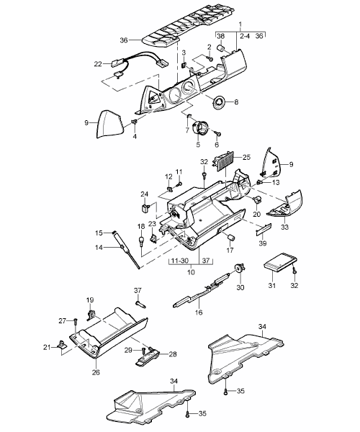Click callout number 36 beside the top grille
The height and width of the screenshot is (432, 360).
[124, 40]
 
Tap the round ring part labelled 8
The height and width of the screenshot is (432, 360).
[220, 102]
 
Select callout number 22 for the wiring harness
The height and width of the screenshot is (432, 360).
[98, 64]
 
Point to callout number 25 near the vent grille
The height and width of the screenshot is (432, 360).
[246, 158]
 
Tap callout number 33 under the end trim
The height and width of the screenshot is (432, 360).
[284, 227]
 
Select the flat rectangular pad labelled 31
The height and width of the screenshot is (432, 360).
[280, 263]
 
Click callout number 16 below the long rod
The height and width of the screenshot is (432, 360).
[199, 312]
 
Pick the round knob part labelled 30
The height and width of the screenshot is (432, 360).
[238, 268]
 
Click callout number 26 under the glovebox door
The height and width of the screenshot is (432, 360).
[96, 372]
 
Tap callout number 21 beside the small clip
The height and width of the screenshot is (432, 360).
[47, 348]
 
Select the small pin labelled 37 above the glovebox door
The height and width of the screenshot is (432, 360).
[140, 304]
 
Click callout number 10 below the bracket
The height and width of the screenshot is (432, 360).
[191, 272]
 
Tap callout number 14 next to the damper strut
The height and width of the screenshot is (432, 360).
[99, 248]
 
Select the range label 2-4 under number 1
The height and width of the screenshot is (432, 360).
[245, 36]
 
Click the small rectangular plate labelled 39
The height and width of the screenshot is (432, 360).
[264, 229]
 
